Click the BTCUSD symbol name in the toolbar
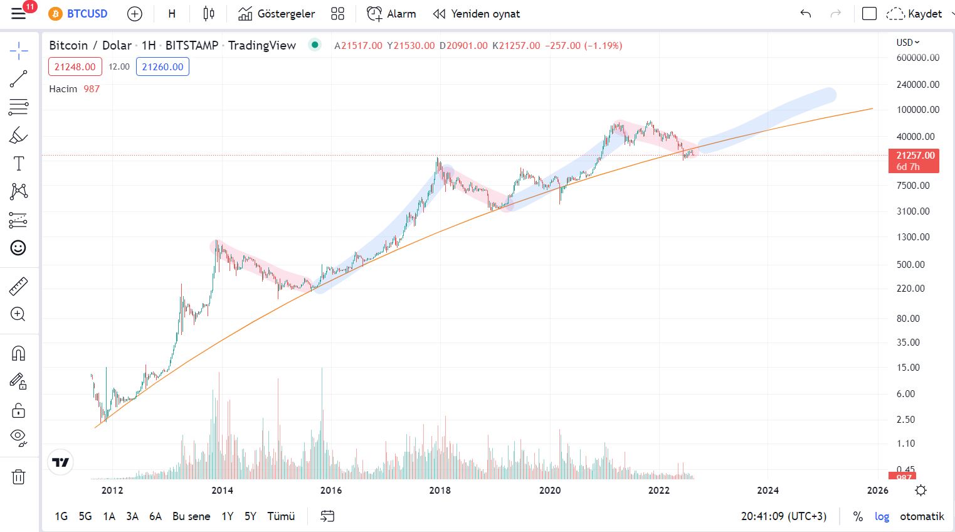[x=87, y=14]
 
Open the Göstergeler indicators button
[x=277, y=14]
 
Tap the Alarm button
[x=391, y=14]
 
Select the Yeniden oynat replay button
[x=476, y=14]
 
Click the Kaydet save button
[x=914, y=14]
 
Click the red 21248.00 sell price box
[x=75, y=66]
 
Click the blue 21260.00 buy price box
[x=162, y=66]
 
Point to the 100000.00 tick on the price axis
[x=917, y=110]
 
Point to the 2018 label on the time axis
[x=440, y=490]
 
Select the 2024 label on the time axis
[x=768, y=490]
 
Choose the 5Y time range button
[x=250, y=516]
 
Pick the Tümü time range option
[x=281, y=516]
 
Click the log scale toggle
[x=882, y=516]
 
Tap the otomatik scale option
[x=922, y=516]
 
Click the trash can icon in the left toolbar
[x=18, y=476]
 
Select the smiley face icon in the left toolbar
[x=18, y=248]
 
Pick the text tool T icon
[x=19, y=163]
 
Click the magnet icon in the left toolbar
[x=18, y=353]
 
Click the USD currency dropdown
[x=908, y=42]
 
